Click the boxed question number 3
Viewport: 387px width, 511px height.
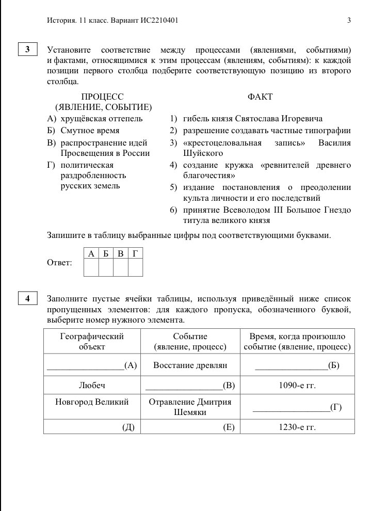27,50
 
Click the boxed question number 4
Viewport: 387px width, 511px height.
27,298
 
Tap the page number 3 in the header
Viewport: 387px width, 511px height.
349,21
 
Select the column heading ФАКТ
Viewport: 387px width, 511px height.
260,97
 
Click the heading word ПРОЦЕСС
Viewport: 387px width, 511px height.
103,97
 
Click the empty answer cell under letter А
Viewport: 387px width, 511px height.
91,268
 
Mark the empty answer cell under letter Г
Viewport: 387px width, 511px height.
135,268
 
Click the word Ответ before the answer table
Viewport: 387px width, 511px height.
59,263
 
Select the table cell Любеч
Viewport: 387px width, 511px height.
92,385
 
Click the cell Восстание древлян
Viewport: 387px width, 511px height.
190,365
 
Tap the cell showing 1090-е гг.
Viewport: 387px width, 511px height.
297,385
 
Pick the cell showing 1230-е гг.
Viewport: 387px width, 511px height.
297,427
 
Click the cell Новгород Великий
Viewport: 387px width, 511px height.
92,402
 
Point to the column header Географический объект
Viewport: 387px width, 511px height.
92,341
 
